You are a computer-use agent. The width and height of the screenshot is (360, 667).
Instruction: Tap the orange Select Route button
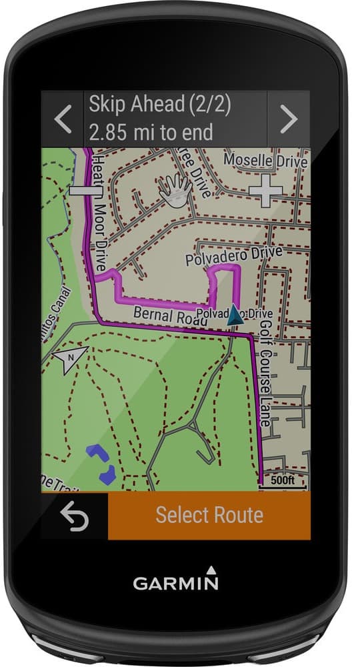[x=209, y=515]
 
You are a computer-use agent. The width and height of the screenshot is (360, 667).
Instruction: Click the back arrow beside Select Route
[x=74, y=516]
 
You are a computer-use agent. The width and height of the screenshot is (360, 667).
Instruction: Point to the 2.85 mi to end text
[x=151, y=131]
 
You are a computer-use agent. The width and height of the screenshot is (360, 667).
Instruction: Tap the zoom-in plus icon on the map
[x=265, y=189]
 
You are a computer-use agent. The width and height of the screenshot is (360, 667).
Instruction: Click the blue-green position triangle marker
[x=234, y=315]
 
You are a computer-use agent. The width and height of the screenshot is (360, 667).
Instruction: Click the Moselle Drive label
[x=265, y=161]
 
